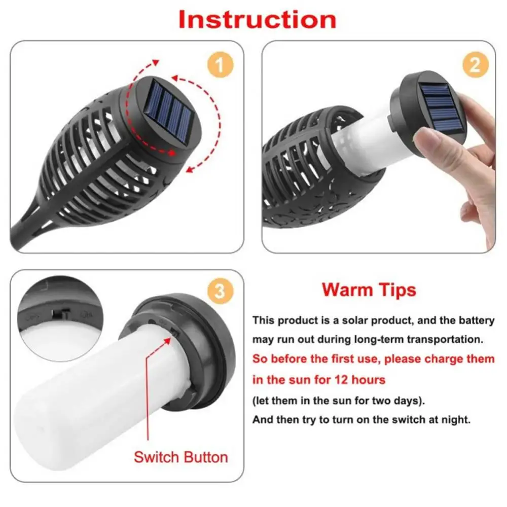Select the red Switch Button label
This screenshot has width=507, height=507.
180,457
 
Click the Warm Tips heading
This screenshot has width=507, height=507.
369,289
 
